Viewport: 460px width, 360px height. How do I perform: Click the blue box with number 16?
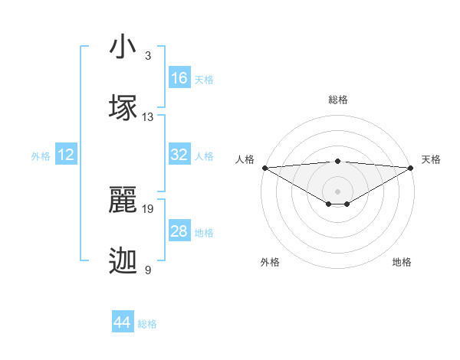coord(179,78)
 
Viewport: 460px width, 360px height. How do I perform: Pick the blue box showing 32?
coord(179,155)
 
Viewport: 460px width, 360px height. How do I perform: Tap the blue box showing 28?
coord(179,231)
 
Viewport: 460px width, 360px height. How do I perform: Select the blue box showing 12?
coord(66,155)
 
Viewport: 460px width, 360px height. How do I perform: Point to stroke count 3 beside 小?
coord(147,57)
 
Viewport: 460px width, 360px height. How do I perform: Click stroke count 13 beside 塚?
coord(148,117)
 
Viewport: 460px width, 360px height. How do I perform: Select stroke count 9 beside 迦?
coord(147,270)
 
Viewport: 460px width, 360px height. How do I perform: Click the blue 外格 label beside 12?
coord(41,156)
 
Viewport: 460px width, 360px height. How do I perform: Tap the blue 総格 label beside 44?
coord(147,324)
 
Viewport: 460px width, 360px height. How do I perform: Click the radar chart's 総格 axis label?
coord(337,100)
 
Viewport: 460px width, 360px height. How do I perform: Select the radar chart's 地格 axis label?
coord(402,262)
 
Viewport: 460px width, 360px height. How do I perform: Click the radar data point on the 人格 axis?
coord(264,168)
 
